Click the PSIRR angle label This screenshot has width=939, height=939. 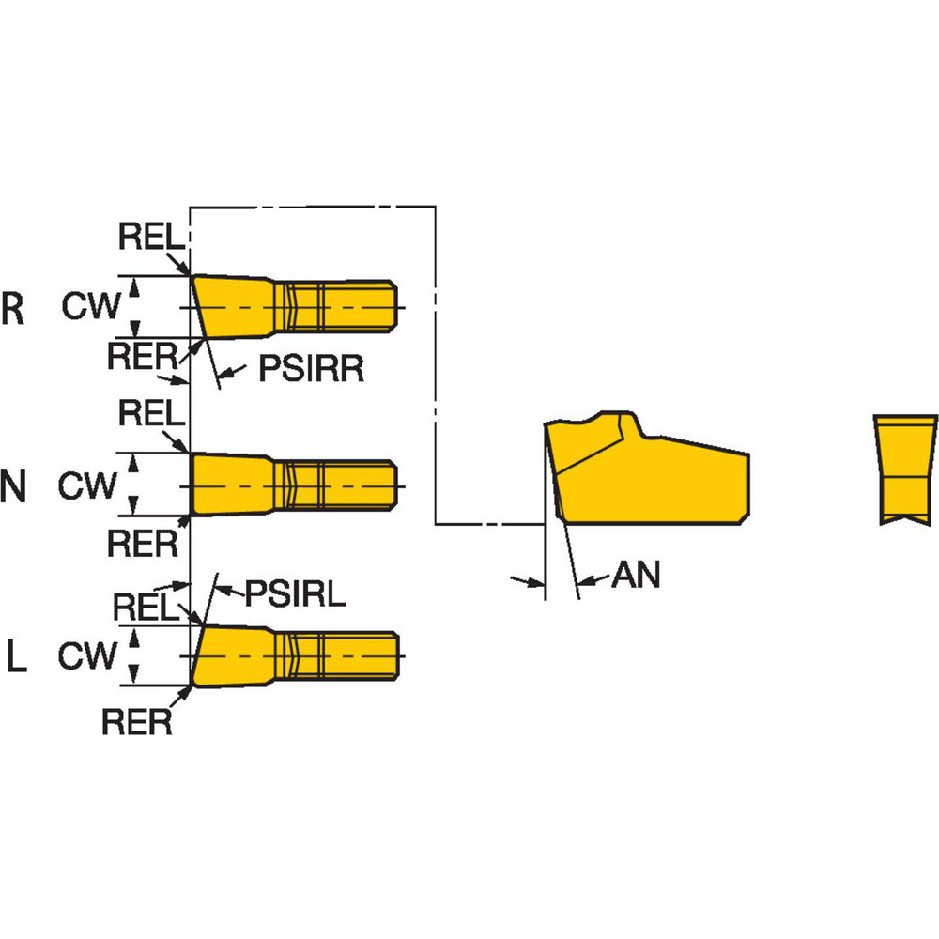pos(311,371)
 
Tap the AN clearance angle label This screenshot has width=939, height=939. pos(636,576)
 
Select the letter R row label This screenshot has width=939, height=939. pos(13,310)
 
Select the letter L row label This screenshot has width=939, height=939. pos(16,657)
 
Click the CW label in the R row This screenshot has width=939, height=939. pos(91,305)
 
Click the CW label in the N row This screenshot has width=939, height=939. pos(87,485)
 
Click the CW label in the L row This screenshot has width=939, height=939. pos(87,655)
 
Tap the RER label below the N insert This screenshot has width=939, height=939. pos(142,542)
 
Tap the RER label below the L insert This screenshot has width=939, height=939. pos(137,722)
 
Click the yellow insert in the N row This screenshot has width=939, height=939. pos(291,485)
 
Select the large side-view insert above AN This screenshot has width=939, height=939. pos(648,474)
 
